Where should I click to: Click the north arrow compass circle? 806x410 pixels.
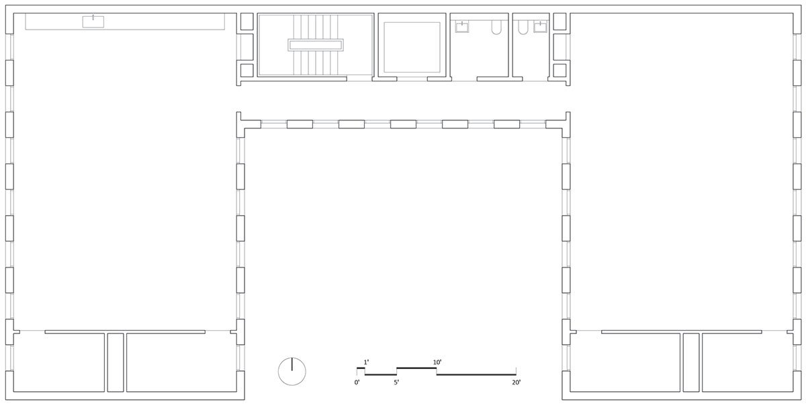pos(278,371)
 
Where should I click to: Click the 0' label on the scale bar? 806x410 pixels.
pos(357,382)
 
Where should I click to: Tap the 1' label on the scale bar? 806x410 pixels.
pos(366,362)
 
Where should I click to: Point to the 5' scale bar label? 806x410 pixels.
pos(396,382)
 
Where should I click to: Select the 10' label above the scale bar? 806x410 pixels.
pos(437,362)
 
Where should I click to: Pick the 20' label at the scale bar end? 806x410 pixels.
pos(517,382)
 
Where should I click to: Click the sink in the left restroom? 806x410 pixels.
pos(462,27)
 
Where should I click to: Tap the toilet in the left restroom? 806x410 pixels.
pos(496,27)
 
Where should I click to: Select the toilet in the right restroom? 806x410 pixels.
pos(523,27)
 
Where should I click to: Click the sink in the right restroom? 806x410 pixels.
pos(541,27)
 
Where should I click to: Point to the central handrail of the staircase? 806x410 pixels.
pos(316,45)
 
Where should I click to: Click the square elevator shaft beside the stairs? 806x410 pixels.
pos(412,47)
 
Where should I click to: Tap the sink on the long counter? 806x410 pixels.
pos(93,22)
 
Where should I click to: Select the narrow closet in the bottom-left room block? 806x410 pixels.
pos(116,362)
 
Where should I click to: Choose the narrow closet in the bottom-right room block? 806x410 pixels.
pos(691,362)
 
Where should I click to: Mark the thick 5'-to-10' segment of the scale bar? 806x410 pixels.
pos(416,368)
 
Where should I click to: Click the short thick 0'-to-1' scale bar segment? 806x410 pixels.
pos(361,368)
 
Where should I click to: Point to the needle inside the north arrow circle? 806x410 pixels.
pos(292,364)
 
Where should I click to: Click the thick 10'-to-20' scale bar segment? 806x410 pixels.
pos(476,375)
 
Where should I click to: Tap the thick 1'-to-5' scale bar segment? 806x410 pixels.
pos(381,375)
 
